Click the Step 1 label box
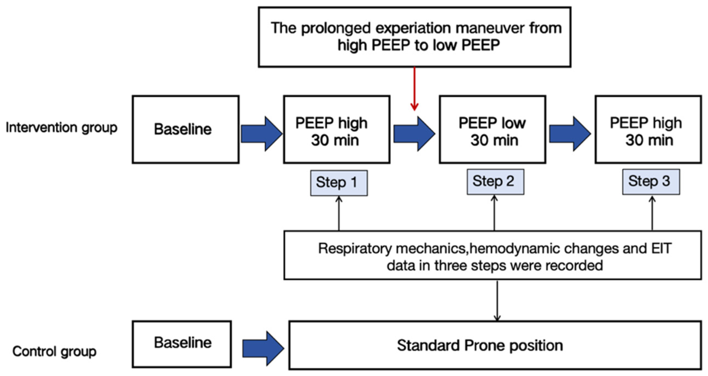[339, 183]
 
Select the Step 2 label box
[495, 182]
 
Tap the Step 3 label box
[651, 182]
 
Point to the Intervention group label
[61, 128]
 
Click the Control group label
[54, 352]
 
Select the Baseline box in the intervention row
[186, 129]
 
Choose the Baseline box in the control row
[182, 344]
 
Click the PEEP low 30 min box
[492, 130]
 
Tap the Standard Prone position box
[495, 345]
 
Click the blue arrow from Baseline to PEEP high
[261, 134]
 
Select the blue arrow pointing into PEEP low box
[414, 134]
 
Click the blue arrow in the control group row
[262, 348]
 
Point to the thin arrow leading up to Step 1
[339, 213]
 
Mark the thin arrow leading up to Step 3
[652, 213]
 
